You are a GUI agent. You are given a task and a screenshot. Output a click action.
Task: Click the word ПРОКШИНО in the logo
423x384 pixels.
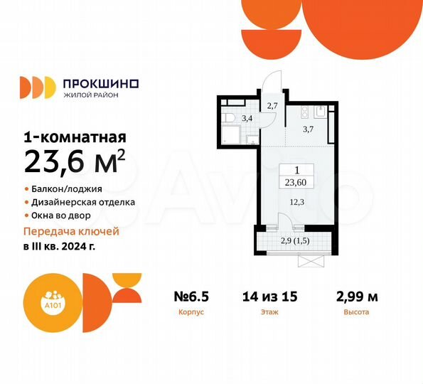pos(100,83)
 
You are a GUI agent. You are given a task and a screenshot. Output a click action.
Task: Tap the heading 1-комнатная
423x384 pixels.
pos(75,137)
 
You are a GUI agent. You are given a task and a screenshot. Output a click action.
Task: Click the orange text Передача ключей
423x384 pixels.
pos(72,231)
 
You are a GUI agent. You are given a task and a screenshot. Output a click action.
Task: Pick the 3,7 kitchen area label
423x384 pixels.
pos(309,129)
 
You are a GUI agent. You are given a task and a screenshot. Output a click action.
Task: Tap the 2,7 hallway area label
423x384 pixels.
pos(272,106)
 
